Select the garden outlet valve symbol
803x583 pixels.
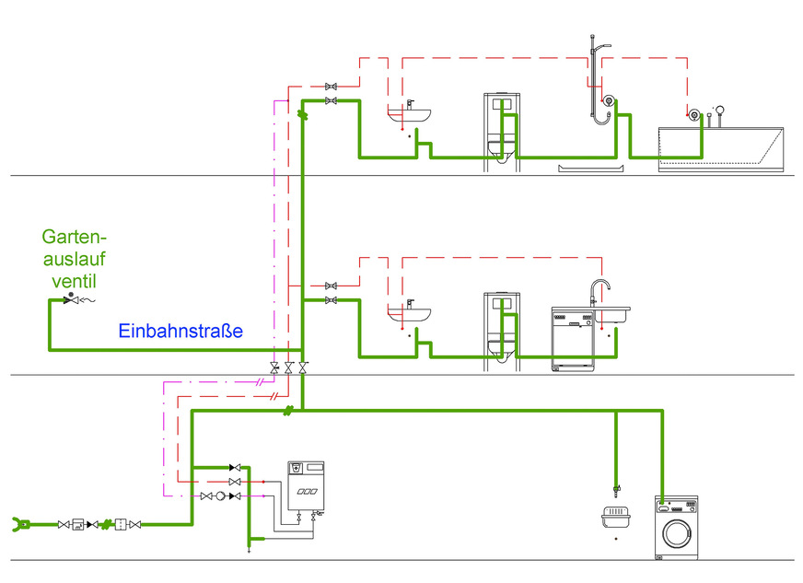(70, 300)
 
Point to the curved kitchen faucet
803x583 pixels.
(600, 290)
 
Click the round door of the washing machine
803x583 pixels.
(677, 535)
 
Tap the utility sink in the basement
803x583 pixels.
(614, 518)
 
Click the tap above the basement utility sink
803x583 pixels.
(615, 485)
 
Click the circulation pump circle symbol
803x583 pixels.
(219, 496)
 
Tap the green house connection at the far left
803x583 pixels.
(18, 525)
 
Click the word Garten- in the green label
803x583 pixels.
(72, 237)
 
